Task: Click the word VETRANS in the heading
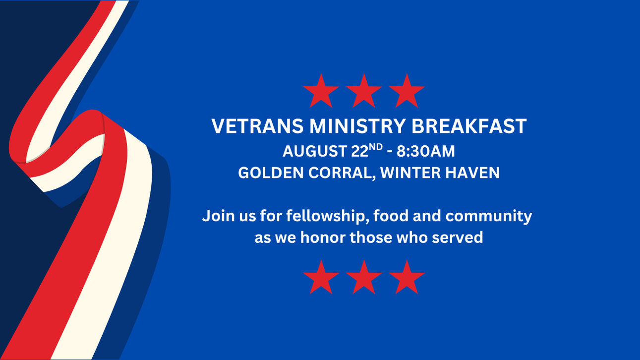point(257,126)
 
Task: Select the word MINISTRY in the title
point(357,126)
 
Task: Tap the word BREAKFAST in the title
point(469,126)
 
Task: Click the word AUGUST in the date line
point(315,151)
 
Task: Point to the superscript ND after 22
point(376,147)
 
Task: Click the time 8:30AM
point(426,151)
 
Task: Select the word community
point(489,217)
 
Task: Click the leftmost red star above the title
point(321,91)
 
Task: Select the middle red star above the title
point(364,91)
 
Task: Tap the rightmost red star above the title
point(407,91)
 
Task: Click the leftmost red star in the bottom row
point(321,278)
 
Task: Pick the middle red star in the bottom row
point(364,278)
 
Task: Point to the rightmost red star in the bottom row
point(407,278)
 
